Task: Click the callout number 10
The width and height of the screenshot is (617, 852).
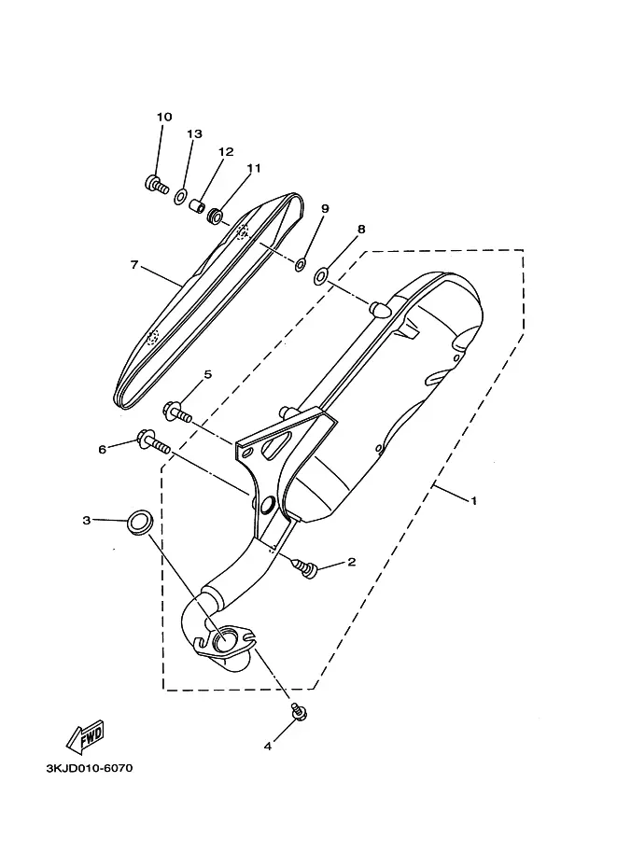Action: (x=164, y=117)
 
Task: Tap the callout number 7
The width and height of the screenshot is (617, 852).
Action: (x=134, y=265)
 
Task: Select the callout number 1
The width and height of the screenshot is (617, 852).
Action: (x=473, y=500)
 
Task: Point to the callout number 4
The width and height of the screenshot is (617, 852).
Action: (x=268, y=747)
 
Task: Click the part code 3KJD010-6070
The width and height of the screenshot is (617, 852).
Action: (x=90, y=768)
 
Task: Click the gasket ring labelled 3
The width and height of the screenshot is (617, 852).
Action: (x=140, y=523)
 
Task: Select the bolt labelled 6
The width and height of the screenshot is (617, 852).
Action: (x=153, y=443)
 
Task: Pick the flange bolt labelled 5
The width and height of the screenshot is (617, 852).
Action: (x=177, y=412)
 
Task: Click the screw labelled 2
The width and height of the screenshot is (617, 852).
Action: (x=306, y=567)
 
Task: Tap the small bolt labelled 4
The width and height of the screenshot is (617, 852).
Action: (x=299, y=712)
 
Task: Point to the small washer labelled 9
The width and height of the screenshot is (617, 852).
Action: (x=300, y=265)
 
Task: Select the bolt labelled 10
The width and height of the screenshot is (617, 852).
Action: (x=157, y=185)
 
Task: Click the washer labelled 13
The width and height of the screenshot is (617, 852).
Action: (x=181, y=197)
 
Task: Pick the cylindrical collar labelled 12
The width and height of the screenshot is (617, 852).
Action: (x=197, y=206)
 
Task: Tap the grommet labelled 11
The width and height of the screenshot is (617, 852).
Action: (x=216, y=217)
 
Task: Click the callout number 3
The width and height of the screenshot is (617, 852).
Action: (x=87, y=521)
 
